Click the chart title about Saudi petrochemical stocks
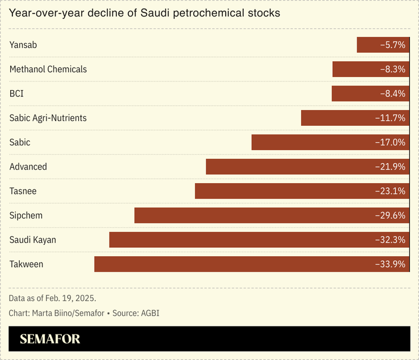pyautogui.click(x=145, y=12)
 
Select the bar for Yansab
pyautogui.click(x=369, y=45)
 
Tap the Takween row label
pyautogui.click(x=26, y=264)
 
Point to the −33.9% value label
pyautogui.click(x=390, y=264)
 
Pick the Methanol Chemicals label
pyautogui.click(x=48, y=69)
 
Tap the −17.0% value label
pyautogui.click(x=390, y=142)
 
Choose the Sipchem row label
pyautogui.click(x=26, y=215)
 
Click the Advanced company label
pyautogui.click(x=28, y=167)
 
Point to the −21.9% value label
pyautogui.click(x=390, y=167)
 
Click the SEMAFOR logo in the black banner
pyautogui.click(x=50, y=340)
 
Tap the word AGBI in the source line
pyautogui.click(x=150, y=313)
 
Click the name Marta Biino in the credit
pyautogui.click(x=53, y=313)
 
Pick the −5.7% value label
pyautogui.click(x=392, y=45)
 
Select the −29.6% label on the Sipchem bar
pyautogui.click(x=390, y=215)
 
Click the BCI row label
pyautogui.click(x=16, y=94)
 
